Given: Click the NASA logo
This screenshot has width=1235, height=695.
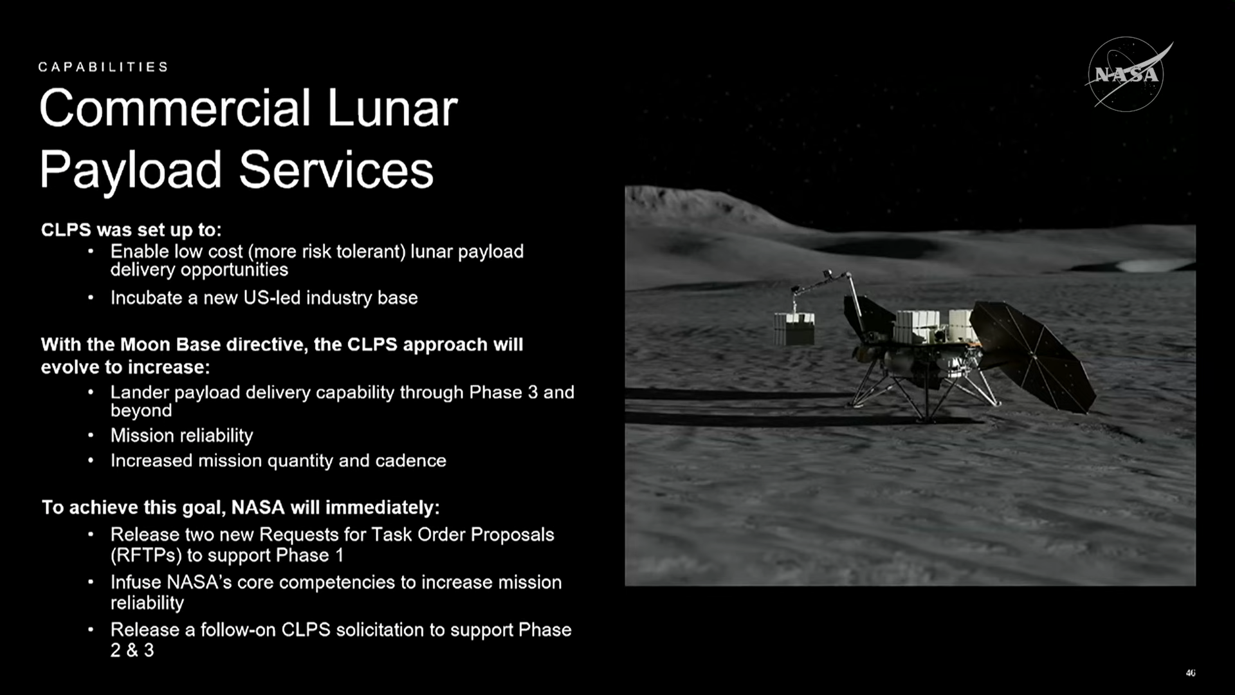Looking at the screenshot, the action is click(x=1127, y=75).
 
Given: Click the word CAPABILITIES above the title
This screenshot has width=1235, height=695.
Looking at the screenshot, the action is click(x=103, y=67).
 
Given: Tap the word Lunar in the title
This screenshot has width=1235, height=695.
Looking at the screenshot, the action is click(x=392, y=108).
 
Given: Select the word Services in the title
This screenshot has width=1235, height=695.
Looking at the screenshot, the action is click(x=336, y=170).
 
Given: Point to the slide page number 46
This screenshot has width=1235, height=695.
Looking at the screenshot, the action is click(x=1191, y=673).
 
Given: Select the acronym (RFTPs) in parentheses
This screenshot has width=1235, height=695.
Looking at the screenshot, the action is click(x=146, y=555).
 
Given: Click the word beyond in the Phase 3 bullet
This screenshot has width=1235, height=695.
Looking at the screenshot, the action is click(x=141, y=411).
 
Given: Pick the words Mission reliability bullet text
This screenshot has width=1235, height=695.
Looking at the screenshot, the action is click(x=182, y=436).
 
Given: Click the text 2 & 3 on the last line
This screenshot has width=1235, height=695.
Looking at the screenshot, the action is click(x=132, y=650).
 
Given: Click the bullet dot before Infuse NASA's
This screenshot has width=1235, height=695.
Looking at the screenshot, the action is click(x=91, y=582).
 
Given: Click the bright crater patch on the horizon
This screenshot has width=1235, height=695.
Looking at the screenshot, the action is click(x=1144, y=264).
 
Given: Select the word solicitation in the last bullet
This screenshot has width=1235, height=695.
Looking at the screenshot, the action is click(x=381, y=629).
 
